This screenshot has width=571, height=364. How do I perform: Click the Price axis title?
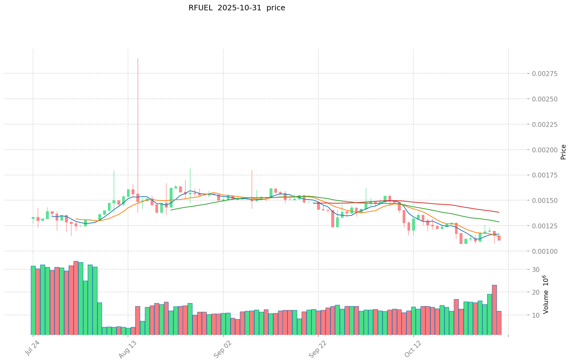click(x=563, y=152)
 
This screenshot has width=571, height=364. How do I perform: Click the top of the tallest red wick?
click(x=138, y=58)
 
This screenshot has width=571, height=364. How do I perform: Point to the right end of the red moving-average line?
click(x=499, y=212)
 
